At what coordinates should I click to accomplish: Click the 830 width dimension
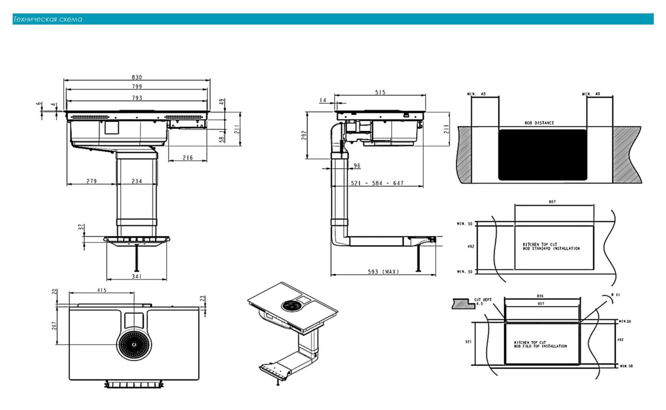pos(137,77)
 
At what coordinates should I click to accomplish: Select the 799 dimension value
pos(137,86)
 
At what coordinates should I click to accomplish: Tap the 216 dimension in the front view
pos(188,158)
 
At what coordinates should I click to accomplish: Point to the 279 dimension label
pos(91,181)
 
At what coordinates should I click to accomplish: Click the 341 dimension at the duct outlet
pos(137,276)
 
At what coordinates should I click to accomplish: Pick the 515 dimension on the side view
pos(380,92)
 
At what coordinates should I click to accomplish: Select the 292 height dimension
pos(304,135)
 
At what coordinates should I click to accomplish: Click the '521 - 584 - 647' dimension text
pos(377,183)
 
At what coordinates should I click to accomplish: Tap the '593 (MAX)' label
pos(383,271)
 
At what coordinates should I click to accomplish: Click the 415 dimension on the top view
pos(102,290)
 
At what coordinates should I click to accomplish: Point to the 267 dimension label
pos(54,325)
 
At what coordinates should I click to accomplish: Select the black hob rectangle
pos(542,155)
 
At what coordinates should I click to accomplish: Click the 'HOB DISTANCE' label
pos(539,123)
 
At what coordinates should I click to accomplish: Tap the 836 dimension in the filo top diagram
pos(540,296)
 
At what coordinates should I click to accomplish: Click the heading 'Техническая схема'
pos(48,19)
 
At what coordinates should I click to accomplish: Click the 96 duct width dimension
pos(357,166)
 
